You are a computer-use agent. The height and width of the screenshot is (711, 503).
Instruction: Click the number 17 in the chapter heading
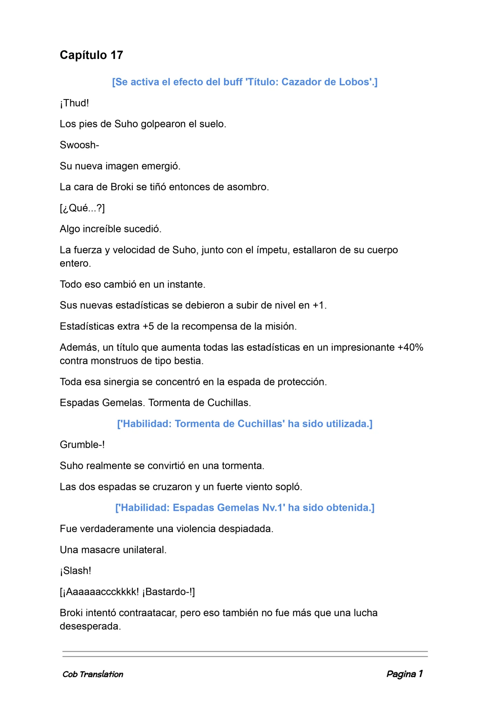tap(117, 55)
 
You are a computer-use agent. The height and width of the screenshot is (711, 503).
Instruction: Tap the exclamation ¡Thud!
tap(74, 103)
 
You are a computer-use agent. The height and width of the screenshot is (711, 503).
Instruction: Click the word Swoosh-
tap(79, 145)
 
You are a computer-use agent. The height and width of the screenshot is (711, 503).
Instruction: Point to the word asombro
tap(249, 187)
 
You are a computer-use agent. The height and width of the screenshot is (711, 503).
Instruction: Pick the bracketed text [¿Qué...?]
tap(82, 208)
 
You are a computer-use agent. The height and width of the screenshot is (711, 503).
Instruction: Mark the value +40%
tap(410, 347)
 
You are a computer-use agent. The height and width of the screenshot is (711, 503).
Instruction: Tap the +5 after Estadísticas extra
tap(148, 326)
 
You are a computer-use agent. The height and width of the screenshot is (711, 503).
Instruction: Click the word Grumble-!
tap(82, 445)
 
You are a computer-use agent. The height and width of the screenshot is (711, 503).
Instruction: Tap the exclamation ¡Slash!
tap(75, 571)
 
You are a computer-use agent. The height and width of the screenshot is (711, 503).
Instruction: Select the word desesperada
tap(90, 626)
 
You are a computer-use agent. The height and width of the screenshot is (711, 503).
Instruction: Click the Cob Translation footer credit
tap(93, 674)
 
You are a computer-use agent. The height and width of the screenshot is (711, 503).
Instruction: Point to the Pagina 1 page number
tap(404, 674)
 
